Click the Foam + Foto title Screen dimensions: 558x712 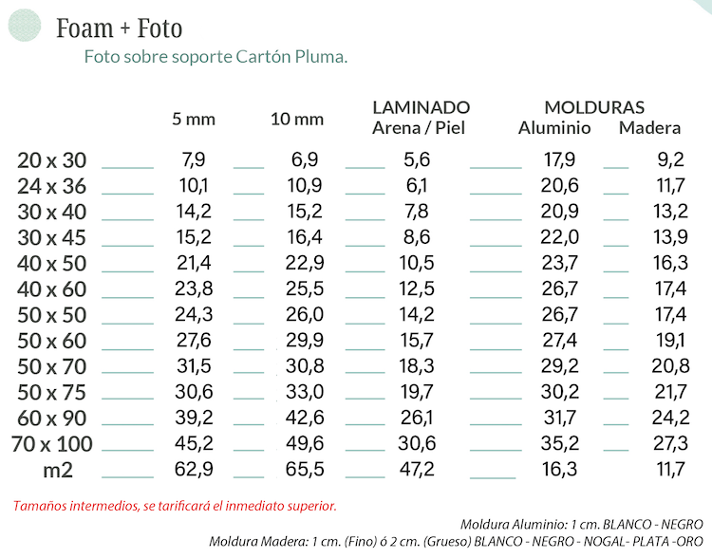(119, 28)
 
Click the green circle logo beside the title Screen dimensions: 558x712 (25, 24)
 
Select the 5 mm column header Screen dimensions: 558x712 (194, 120)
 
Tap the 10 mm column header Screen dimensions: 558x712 (297, 120)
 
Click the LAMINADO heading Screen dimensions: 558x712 (421, 107)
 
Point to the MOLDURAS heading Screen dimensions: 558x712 (594, 107)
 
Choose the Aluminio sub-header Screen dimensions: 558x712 (554, 128)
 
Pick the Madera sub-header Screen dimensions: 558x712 (649, 128)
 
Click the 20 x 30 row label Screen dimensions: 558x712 (51, 160)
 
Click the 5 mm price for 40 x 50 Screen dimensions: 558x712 (194, 263)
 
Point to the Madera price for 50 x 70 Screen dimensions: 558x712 (671, 366)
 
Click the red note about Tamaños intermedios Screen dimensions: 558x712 (175, 506)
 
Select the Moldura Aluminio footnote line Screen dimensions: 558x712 (581, 525)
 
